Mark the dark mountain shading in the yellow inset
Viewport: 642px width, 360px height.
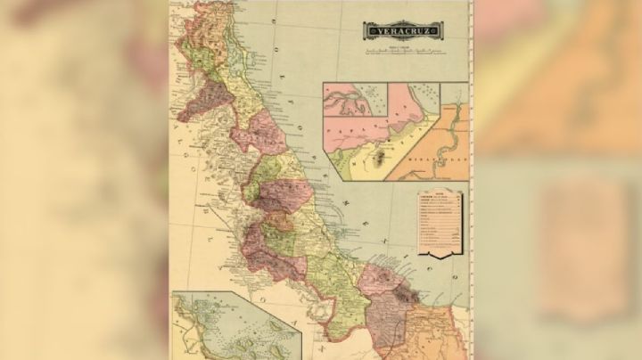(382, 161)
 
